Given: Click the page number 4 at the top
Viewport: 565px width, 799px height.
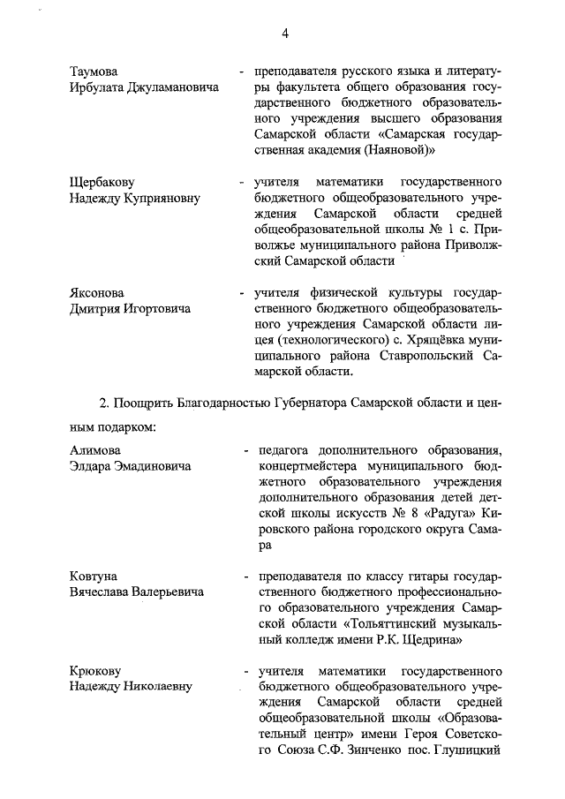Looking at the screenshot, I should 285,34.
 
